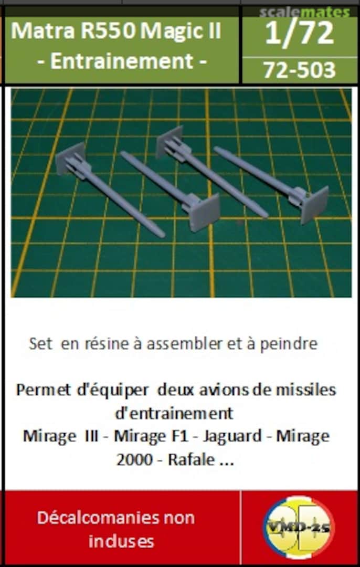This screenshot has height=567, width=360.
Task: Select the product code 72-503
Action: pos(299,69)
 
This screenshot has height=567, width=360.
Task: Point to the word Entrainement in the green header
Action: pos(122,61)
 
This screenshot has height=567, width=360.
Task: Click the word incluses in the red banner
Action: pos(121,541)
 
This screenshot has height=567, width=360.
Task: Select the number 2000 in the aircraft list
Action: pos(133,460)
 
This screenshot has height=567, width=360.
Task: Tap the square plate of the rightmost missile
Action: pos(314,204)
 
